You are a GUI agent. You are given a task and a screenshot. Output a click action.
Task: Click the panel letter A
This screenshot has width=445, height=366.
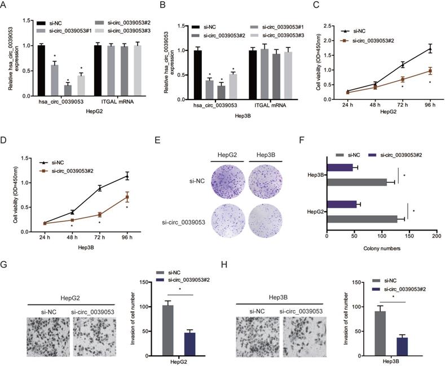(5, 6)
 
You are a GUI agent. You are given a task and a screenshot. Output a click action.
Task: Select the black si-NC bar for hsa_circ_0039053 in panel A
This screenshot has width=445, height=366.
(41, 71)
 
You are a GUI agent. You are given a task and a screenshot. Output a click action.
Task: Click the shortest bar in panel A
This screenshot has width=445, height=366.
(68, 90)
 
